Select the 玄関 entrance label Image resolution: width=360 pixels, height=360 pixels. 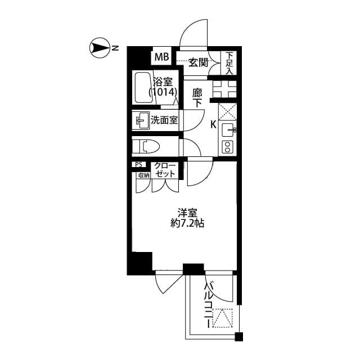pos(197,61)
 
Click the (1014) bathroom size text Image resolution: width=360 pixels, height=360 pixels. pos(164,92)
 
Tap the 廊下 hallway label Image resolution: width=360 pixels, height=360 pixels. pos(197,97)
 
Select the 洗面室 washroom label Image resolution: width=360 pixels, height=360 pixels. pos(164,120)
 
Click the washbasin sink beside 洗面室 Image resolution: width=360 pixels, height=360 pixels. pos(139,120)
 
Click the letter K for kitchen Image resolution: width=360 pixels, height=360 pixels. pos(213,125)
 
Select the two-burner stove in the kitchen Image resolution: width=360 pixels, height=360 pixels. pos(228,147)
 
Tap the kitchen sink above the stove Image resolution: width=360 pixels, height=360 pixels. pos(228,130)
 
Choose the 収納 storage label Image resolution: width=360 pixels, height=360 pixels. pos(143,175)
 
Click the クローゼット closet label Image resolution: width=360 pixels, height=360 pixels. pos(165,169)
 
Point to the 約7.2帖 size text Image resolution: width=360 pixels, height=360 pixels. pos(187,223)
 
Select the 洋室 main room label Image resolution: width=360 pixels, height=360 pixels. pos(187,213)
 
